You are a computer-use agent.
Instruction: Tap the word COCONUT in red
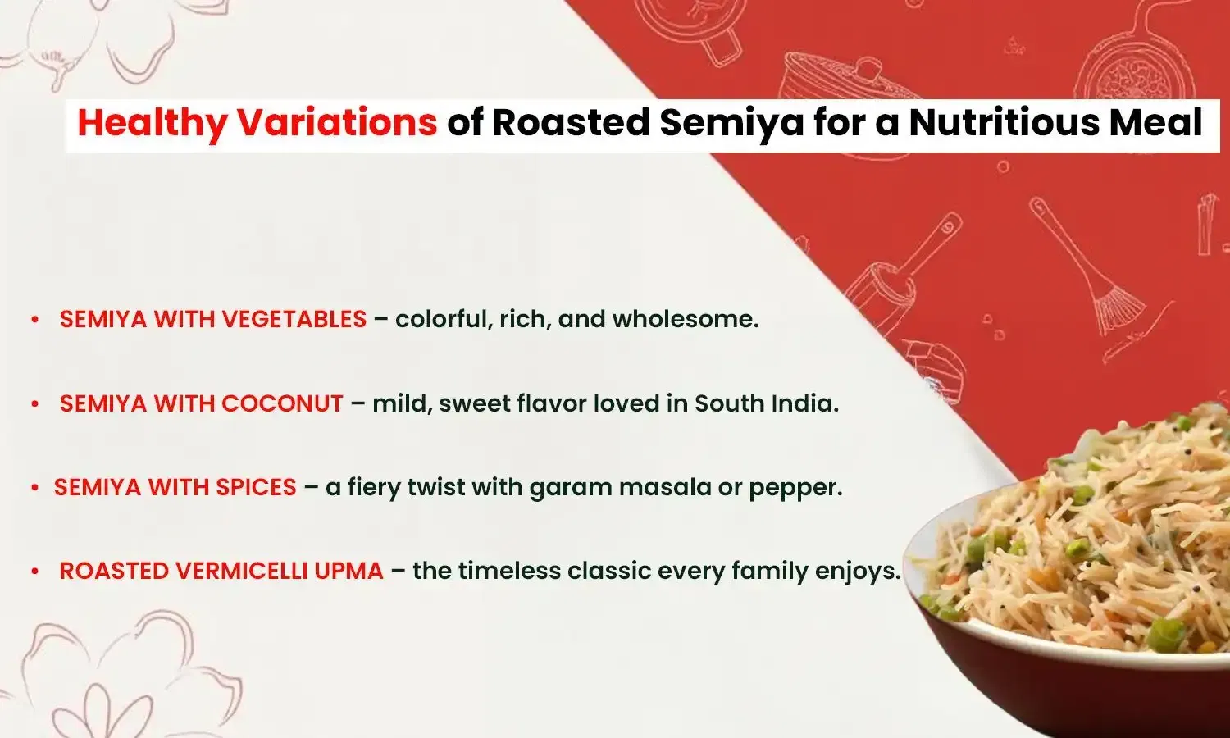[282, 403]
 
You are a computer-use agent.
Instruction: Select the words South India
[766, 403]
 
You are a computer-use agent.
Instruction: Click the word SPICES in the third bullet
[256, 487]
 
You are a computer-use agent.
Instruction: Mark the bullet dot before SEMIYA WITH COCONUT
[34, 404]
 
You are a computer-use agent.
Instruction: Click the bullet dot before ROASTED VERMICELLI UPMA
[34, 572]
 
